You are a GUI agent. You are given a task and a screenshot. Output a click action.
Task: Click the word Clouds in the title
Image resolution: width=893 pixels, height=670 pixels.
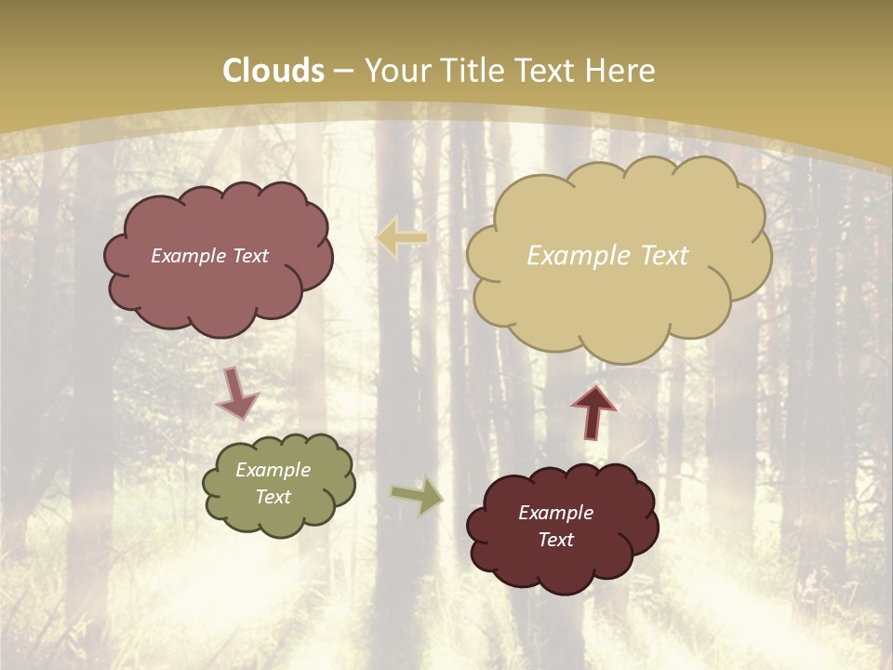point(273,71)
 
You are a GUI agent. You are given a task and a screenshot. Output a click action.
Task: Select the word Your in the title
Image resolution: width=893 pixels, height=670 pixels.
point(395,71)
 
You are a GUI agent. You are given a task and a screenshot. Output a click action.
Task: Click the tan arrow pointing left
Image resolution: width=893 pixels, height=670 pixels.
point(402,238)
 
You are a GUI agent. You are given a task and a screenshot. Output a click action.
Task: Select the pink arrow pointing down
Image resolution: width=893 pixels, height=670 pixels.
point(236,395)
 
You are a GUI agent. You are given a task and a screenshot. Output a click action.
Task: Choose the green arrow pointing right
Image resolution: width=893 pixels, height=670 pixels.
point(417,496)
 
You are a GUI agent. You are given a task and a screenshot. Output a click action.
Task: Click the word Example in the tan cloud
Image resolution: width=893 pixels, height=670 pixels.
point(570,256)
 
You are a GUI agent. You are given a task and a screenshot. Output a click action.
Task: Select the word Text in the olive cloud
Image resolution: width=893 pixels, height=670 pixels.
point(273,497)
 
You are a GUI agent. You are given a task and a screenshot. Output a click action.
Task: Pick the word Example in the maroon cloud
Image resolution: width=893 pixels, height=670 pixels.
point(555,513)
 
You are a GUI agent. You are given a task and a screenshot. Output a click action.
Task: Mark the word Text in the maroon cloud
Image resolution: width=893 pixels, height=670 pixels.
point(555,540)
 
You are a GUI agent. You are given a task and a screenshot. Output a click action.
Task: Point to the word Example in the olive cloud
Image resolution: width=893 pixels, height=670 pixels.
point(273,470)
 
